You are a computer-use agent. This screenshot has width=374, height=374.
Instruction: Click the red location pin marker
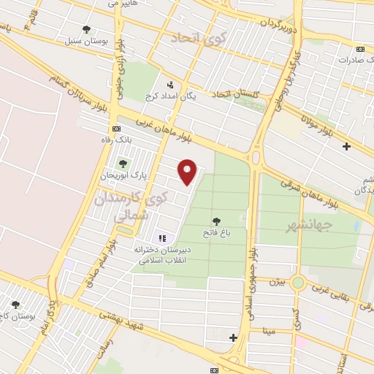pyautogui.click(x=188, y=172)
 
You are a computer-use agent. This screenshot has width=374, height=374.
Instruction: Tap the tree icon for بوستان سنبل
pyautogui.click(x=87, y=30)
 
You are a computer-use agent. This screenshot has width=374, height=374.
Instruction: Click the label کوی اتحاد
pyautogui.click(x=190, y=37)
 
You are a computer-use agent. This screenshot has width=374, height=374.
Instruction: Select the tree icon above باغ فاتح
pyautogui.click(x=216, y=221)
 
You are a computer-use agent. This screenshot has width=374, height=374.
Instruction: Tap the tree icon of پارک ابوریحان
pyautogui.click(x=121, y=164)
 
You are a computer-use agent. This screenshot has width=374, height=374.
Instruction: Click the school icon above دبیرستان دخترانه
pyautogui.click(x=162, y=237)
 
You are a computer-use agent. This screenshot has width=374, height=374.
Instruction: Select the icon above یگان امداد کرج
pyautogui.click(x=170, y=84)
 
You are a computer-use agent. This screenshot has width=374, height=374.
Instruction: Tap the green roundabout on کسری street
pyautogui.click(x=297, y=282)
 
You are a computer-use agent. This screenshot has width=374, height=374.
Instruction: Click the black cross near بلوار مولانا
pyautogui.click(x=346, y=146)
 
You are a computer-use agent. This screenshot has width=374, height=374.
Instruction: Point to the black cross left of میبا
pyautogui.click(x=233, y=337)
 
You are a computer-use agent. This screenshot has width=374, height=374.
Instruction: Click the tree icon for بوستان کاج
pyautogui.click(x=15, y=305)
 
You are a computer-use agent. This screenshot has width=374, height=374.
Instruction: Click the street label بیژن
pyautogui.click(x=275, y=280)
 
